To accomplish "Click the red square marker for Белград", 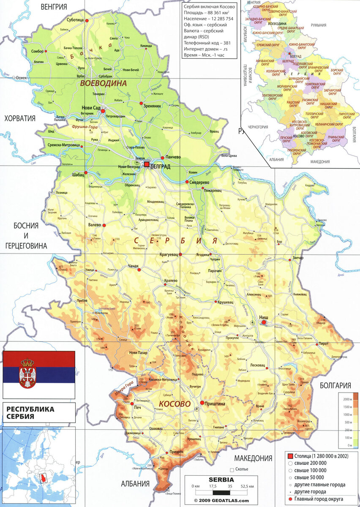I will [x=147, y=164].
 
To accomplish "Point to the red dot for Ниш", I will [x=264, y=322].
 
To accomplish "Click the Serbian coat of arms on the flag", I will [x=27, y=373].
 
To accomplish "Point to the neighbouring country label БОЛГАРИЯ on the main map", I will [x=336, y=385].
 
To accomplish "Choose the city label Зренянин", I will [x=152, y=106].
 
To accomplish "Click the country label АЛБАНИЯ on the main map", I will [x=136, y=484].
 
